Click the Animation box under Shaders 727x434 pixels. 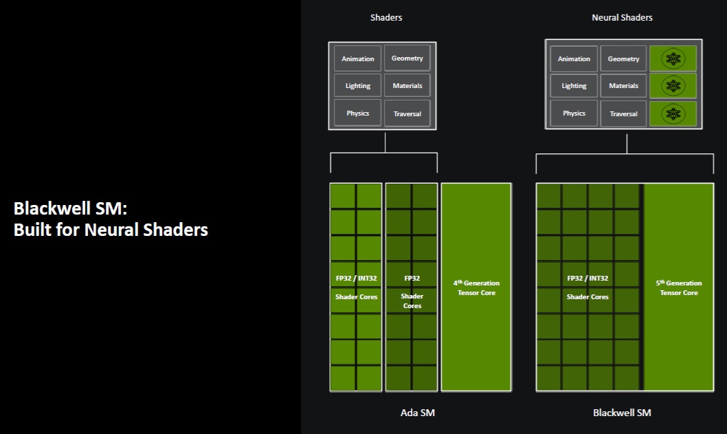(358, 58)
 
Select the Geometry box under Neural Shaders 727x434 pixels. (623, 58)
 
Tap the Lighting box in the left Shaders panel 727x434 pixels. (358, 85)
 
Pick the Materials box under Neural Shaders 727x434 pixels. (623, 86)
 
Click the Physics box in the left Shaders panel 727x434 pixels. (358, 113)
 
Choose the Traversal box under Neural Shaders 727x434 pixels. (623, 113)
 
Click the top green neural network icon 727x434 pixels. (673, 59)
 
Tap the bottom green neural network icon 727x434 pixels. (673, 113)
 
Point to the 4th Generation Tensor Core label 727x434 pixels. (476, 287)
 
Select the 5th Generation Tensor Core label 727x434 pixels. (679, 287)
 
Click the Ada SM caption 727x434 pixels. (418, 413)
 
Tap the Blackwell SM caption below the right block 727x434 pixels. (622, 413)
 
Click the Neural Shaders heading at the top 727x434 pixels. (622, 17)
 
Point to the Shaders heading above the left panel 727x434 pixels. (386, 17)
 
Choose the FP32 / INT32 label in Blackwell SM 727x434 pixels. (588, 279)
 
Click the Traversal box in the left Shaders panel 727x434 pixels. (407, 113)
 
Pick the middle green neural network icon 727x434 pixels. (673, 86)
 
